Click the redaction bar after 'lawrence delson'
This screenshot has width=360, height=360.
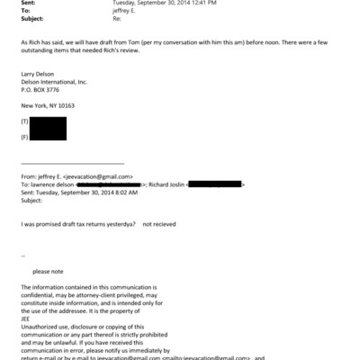point(114,184)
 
